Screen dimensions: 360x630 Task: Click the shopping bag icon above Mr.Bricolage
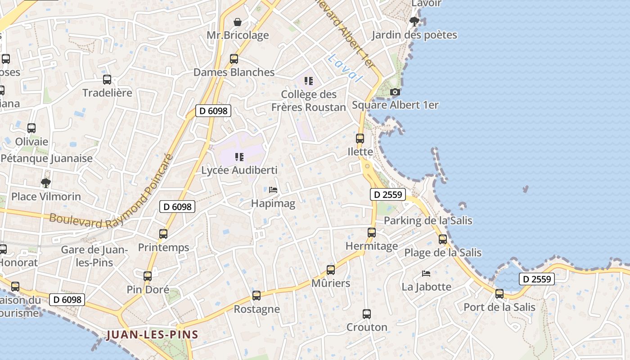click(238, 22)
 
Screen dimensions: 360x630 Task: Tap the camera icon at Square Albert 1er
click(395, 92)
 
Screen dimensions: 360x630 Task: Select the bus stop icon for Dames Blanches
click(234, 59)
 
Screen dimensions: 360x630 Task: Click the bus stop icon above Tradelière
click(107, 80)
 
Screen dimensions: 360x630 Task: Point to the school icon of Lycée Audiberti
click(239, 157)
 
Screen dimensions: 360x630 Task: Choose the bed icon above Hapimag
click(273, 190)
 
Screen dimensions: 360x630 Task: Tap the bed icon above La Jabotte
click(426, 273)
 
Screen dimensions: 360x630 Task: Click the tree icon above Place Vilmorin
click(45, 183)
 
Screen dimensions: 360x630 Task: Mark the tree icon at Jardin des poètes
click(414, 21)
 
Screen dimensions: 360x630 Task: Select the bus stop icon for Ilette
click(360, 139)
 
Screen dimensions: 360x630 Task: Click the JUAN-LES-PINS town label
click(153, 335)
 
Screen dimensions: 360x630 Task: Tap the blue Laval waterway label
click(345, 67)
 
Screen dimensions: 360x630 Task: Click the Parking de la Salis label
click(428, 220)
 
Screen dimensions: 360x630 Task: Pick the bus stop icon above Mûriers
click(331, 270)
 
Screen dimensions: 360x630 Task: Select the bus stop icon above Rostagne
click(256, 296)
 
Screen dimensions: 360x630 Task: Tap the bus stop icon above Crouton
click(367, 314)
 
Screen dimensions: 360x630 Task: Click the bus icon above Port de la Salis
click(499, 294)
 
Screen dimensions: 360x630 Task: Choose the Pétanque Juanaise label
click(47, 158)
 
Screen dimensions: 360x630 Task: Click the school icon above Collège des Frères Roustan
click(309, 81)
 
